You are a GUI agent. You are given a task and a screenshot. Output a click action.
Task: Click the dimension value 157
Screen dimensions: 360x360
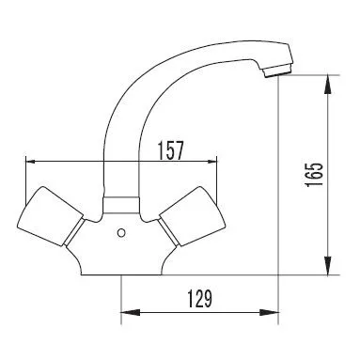click(x=170, y=150)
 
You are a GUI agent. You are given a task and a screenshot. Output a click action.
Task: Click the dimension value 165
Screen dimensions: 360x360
click(x=314, y=175)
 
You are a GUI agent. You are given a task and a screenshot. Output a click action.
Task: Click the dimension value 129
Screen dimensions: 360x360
click(x=200, y=299)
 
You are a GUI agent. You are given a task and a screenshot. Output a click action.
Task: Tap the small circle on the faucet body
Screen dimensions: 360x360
click(x=121, y=233)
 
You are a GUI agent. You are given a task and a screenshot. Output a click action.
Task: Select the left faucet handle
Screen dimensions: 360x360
click(x=50, y=215)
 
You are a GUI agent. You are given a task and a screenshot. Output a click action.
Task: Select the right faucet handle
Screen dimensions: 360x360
click(x=192, y=215)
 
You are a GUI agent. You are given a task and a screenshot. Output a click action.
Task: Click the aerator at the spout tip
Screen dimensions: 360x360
click(x=277, y=70)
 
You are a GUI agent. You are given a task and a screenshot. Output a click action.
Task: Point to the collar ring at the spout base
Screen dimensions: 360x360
click(x=121, y=205)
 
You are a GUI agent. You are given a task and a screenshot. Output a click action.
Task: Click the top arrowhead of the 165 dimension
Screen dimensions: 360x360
click(x=327, y=84)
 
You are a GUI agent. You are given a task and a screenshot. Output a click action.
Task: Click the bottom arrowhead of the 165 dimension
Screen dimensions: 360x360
click(x=327, y=266)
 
